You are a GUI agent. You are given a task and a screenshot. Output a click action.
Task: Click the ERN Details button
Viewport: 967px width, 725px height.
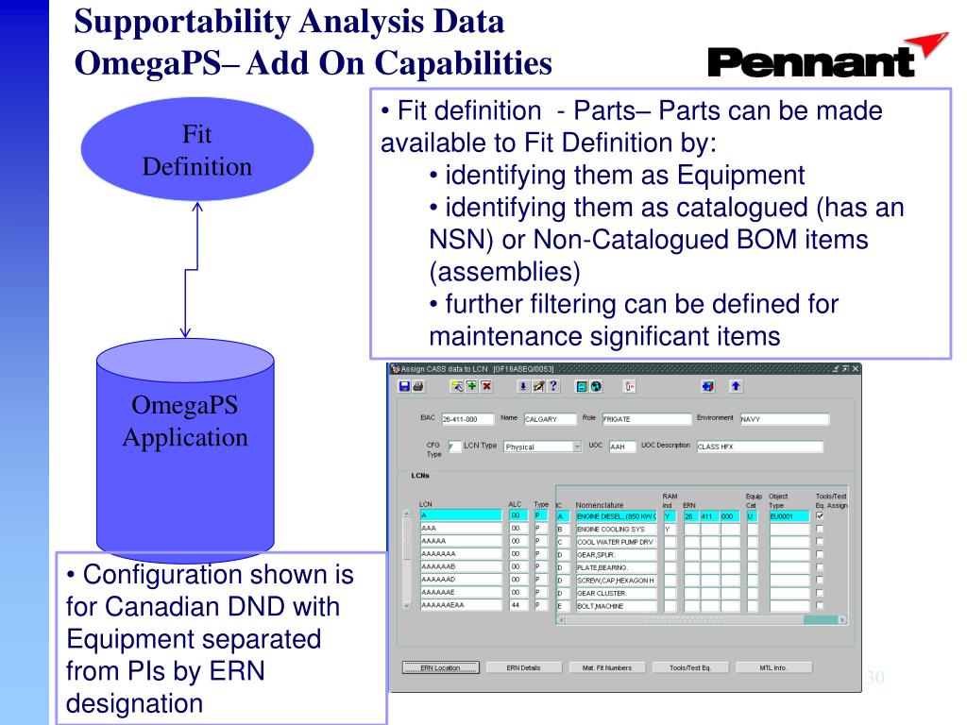[524, 667]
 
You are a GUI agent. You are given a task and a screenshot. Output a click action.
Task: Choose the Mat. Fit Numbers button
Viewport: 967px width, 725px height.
[601, 667]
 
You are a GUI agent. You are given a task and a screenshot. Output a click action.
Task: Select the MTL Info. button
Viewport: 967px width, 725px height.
[772, 667]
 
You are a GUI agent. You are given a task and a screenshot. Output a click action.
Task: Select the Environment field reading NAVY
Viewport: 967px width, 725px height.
[783, 419]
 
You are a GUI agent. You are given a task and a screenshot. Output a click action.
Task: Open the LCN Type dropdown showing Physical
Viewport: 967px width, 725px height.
[542, 447]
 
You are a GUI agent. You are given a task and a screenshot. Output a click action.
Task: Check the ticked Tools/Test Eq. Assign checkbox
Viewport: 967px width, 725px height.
[819, 516]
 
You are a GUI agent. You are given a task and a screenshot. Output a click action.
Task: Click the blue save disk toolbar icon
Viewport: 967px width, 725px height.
[405, 387]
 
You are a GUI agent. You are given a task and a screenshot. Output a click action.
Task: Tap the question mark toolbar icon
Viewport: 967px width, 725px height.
[554, 387]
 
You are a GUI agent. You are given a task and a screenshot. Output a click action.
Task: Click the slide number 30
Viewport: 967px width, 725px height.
[875, 677]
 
